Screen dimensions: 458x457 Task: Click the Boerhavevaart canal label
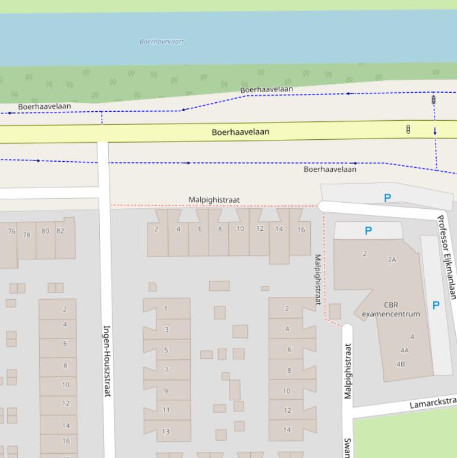click(162, 42)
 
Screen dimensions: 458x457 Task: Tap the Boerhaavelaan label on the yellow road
click(240, 132)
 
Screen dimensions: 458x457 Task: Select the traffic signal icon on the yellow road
click(408, 128)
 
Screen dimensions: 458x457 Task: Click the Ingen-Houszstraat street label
click(108, 360)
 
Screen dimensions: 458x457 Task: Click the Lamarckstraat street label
click(433, 403)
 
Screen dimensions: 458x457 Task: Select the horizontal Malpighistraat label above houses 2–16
click(214, 200)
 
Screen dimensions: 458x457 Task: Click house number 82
click(60, 231)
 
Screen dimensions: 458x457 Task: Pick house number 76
click(11, 231)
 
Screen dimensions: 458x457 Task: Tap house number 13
click(166, 431)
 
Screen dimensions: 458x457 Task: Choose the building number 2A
click(392, 259)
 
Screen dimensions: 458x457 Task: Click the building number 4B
click(401, 364)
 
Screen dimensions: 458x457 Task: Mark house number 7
click(166, 370)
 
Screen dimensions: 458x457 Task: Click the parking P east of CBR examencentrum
click(436, 305)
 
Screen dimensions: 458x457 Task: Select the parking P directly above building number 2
click(368, 231)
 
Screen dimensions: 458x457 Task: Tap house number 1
click(166, 308)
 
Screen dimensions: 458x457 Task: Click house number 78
click(26, 235)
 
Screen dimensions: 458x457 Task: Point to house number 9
click(166, 391)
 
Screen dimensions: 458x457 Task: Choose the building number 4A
click(405, 350)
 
